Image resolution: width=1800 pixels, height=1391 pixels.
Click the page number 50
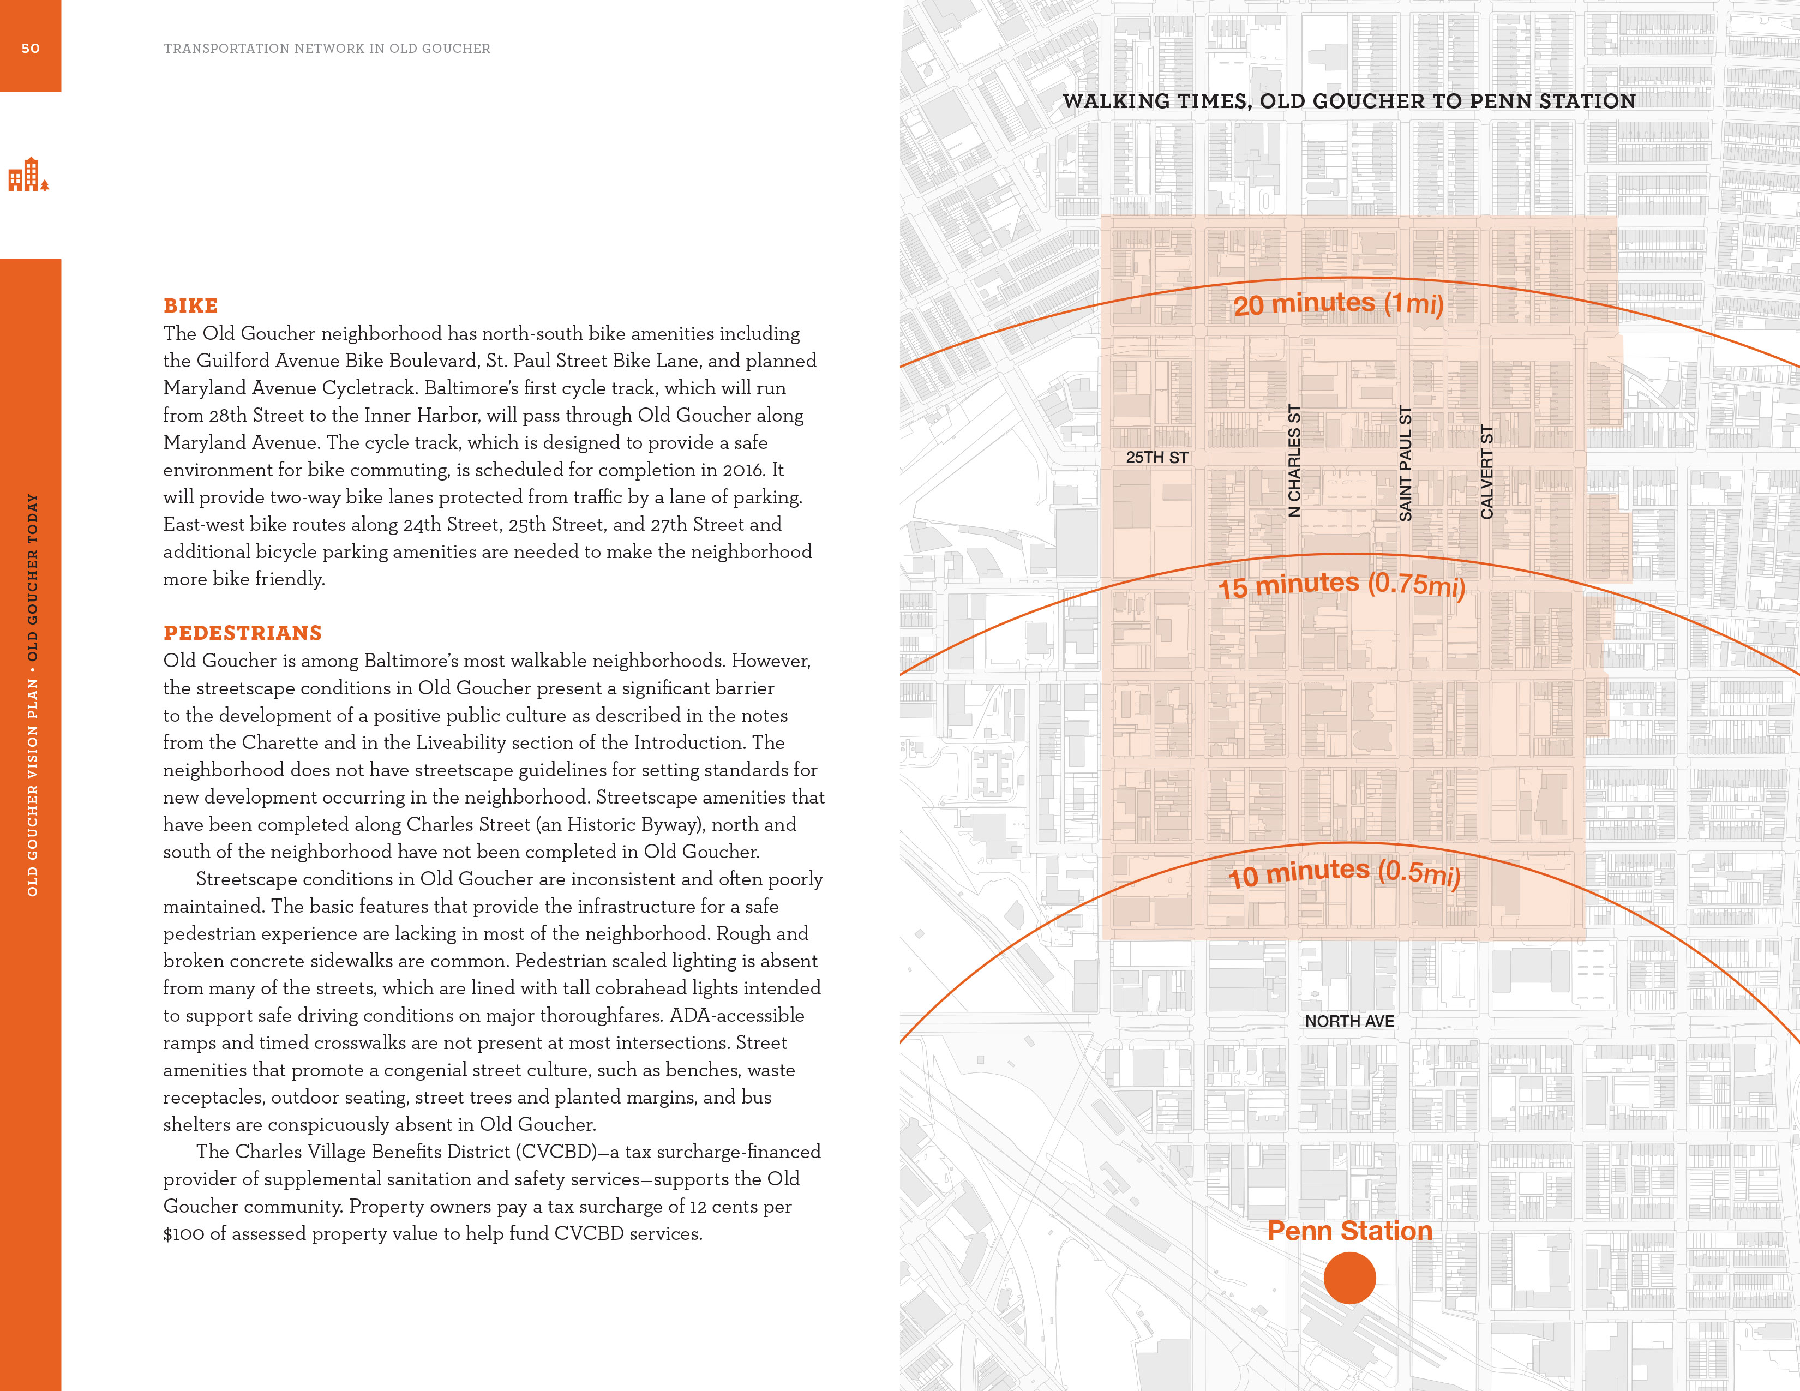coord(31,49)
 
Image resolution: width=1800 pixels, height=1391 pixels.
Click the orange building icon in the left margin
coord(28,175)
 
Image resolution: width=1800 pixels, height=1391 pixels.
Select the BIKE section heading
coord(190,305)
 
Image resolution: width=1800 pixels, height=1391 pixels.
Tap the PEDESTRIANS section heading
coord(242,633)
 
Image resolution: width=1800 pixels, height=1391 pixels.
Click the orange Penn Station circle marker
coord(1349,1278)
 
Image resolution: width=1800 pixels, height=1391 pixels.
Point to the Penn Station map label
coord(1349,1230)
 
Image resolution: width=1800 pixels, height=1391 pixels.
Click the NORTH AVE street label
coord(1349,1021)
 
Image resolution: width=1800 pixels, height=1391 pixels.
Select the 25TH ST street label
coord(1156,457)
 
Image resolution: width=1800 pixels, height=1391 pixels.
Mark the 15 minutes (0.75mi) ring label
coord(1341,585)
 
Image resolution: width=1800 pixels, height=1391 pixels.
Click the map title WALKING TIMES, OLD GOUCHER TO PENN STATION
coord(1348,101)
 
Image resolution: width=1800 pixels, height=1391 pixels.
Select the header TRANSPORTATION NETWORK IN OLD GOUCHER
coord(326,49)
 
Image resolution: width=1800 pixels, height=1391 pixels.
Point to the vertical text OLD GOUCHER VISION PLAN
coord(33,787)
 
